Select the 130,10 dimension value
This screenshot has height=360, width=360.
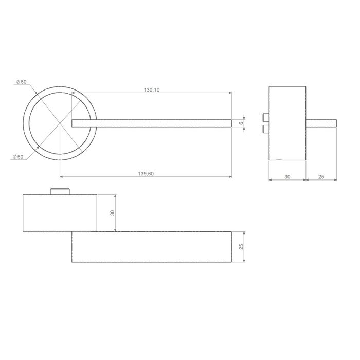[152, 89]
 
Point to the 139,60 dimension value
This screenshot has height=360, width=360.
[147, 174]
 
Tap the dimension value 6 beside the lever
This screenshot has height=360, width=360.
[240, 123]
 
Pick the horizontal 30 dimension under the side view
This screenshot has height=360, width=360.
[287, 176]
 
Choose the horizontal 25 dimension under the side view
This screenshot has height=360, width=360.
[321, 176]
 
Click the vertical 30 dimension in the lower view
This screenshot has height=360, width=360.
[112, 213]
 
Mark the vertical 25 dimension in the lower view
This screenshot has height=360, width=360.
[241, 247]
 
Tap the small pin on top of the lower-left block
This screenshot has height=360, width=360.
[60, 191]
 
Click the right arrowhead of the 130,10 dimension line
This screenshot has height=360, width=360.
[229, 93]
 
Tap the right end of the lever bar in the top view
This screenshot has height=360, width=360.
[230, 123]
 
